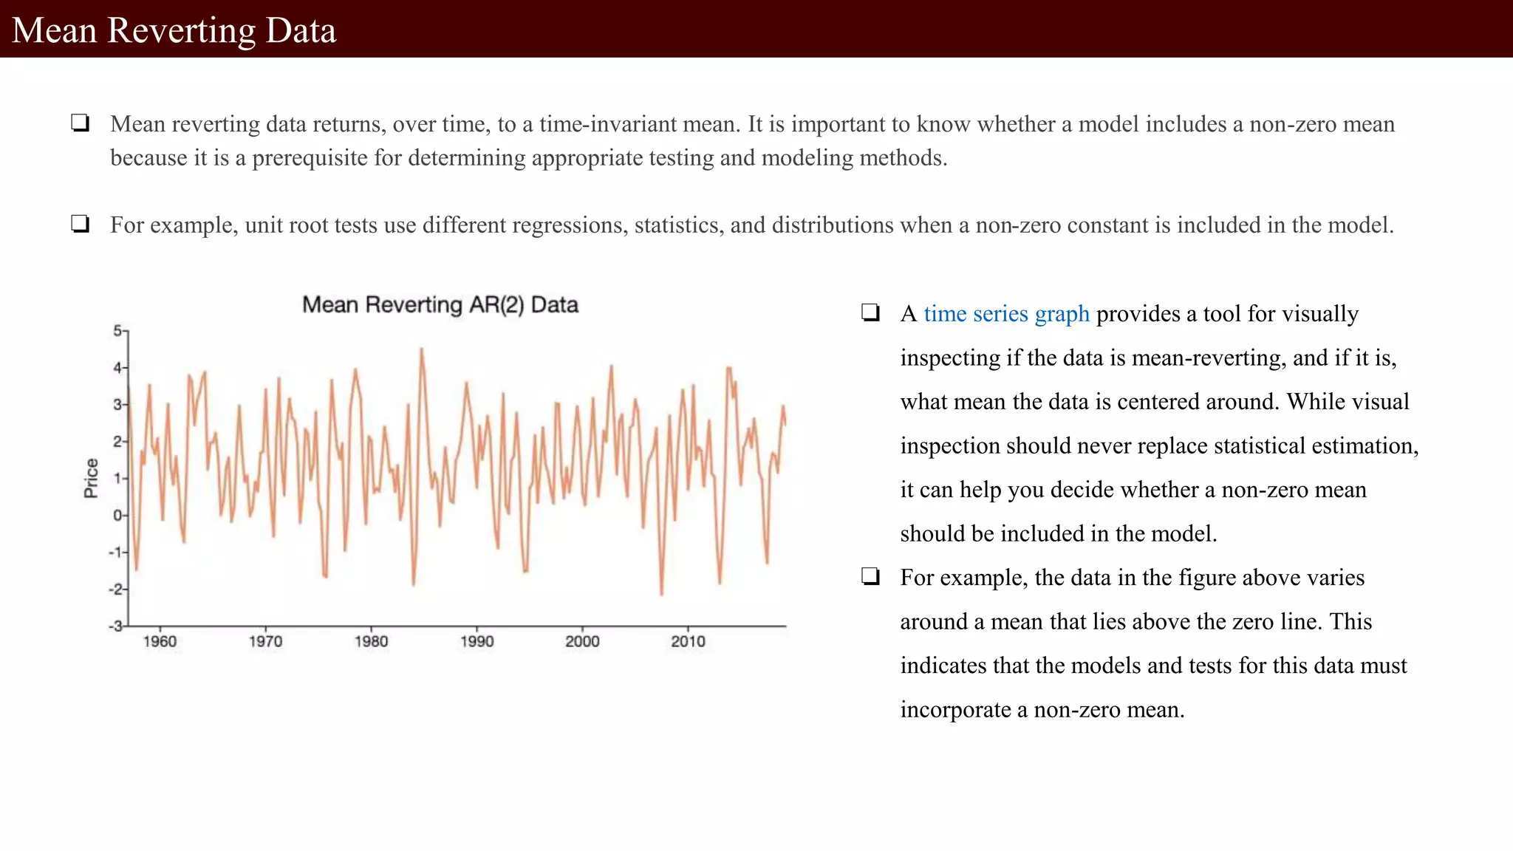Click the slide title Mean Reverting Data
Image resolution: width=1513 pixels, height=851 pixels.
[174, 30]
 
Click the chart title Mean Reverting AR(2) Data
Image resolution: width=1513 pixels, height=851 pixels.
[440, 305]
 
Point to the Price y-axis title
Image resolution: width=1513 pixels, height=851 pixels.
[91, 478]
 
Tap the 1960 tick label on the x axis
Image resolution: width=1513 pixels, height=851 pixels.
[160, 641]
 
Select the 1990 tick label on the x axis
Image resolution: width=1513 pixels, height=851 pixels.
[477, 641]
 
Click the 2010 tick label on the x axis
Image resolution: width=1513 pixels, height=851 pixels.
[688, 641]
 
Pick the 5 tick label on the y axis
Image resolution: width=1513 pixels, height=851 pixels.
[117, 331]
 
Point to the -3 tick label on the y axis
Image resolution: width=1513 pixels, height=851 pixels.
[115, 626]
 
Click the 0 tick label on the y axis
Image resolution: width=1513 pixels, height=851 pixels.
[117, 516]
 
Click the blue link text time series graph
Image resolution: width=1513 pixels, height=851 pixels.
[1006, 314]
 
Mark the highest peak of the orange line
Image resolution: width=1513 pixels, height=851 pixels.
[422, 349]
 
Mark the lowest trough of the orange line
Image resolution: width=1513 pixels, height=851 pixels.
[661, 594]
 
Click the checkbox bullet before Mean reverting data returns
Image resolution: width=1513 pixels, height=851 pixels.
[81, 123]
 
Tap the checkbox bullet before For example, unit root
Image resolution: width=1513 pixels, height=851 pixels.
[81, 224]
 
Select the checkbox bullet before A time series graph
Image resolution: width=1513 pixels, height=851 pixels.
[870, 312]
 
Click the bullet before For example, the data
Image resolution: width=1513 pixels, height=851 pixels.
[870, 576]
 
